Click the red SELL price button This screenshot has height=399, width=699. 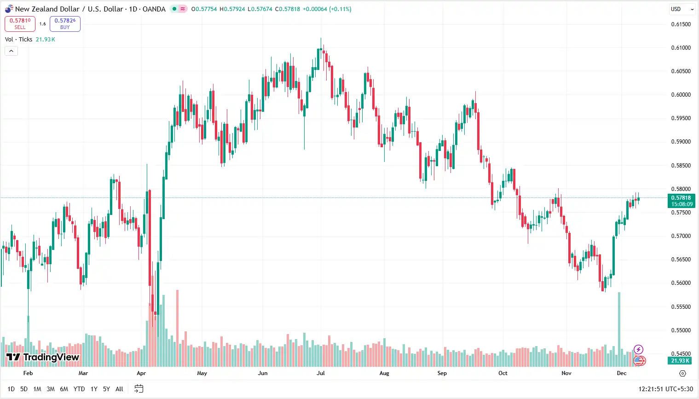pos(20,23)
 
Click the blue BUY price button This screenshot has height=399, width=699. pos(65,23)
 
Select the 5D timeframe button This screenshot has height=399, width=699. pos(24,389)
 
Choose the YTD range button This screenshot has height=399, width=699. pos(79,389)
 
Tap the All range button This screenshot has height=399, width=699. pos(119,389)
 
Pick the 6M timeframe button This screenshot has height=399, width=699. pos(64,389)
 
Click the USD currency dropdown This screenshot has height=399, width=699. pos(682,9)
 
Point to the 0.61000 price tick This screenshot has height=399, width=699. pos(681,48)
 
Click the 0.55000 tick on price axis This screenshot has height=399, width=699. pos(681,330)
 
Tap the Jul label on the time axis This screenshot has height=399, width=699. pos(321,373)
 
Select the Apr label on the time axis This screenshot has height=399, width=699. pos(141,373)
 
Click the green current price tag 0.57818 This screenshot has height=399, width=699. pos(681,201)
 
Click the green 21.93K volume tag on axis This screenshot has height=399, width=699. pos(680,361)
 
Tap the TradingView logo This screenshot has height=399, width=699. pos(43,357)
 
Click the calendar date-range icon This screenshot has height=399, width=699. pos(139,389)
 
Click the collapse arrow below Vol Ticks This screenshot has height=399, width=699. pos(11,51)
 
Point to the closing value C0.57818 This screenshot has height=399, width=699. pos(287,9)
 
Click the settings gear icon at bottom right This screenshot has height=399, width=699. pos(682,373)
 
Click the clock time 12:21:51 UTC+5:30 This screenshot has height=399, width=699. pos(665,389)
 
